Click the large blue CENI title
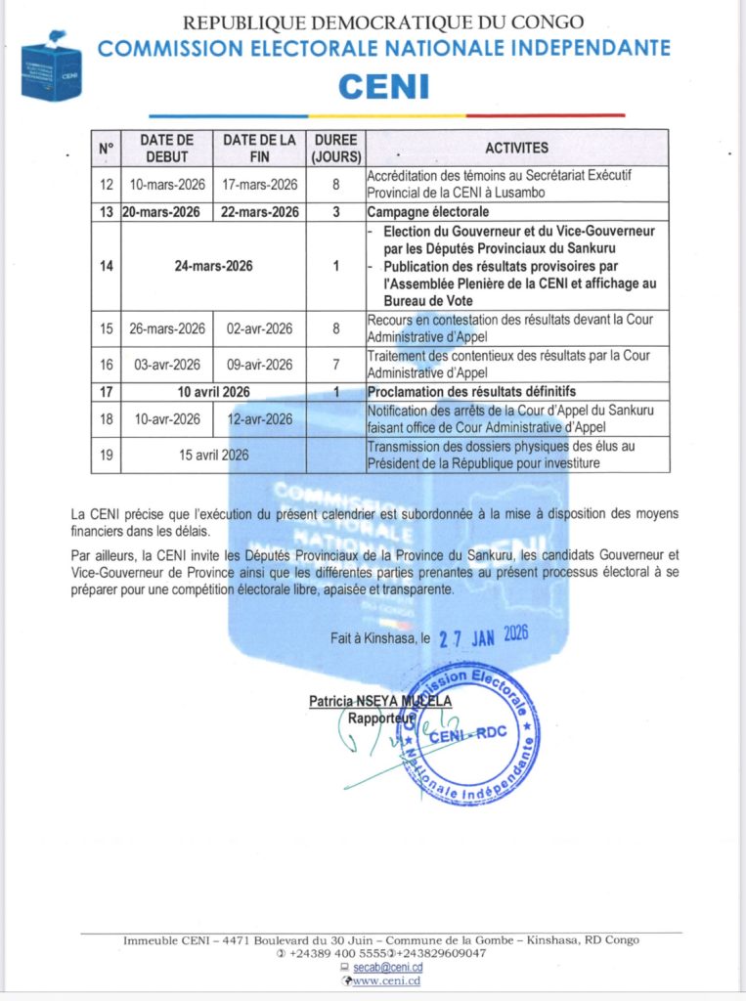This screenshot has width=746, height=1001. [x=383, y=86]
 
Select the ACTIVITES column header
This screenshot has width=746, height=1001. [x=517, y=149]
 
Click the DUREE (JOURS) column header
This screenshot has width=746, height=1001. [x=335, y=149]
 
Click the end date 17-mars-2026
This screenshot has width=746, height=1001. [x=259, y=184]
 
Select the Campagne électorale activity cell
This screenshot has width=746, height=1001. [x=427, y=212]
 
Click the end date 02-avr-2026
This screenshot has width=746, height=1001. [x=259, y=327]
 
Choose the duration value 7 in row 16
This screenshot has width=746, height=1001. [x=335, y=365]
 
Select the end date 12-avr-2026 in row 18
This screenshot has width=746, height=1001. [x=259, y=419]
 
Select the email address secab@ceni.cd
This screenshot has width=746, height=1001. [x=388, y=967]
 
